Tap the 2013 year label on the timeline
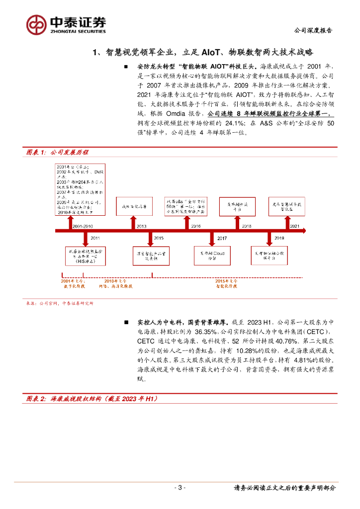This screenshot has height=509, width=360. (x=141, y=226)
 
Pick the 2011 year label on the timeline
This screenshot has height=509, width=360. (x=95, y=239)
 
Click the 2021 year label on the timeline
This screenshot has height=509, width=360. (x=295, y=226)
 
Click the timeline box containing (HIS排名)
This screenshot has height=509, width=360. (x=85, y=256)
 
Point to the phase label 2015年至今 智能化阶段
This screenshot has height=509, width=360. (x=226, y=284)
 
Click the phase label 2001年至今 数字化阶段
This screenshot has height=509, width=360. (x=73, y=284)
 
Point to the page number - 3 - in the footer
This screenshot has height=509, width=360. (x=180, y=488)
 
